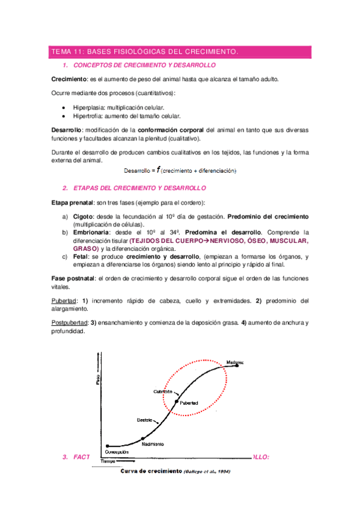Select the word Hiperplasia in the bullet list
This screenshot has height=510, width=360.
pyautogui.click(x=90, y=106)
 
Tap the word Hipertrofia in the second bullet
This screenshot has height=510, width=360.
pyautogui.click(x=89, y=116)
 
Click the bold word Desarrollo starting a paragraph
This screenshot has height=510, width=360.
pyautogui.click(x=66, y=129)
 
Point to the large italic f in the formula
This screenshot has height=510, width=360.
pyautogui.click(x=159, y=170)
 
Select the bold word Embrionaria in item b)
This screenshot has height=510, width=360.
pyautogui.click(x=93, y=232)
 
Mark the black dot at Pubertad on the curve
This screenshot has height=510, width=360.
pyautogui.click(x=176, y=401)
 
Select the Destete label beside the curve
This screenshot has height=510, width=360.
pyautogui.click(x=145, y=419)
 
